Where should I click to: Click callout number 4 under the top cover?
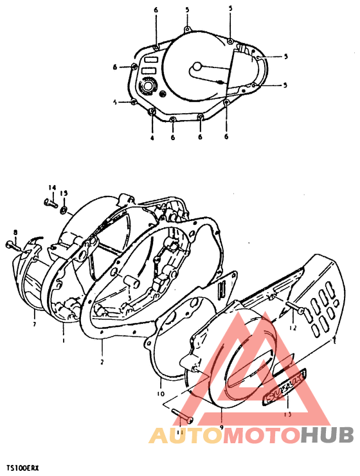tap(152, 137)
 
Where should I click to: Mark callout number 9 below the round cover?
tap(221, 427)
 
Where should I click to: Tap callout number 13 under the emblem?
tap(287, 414)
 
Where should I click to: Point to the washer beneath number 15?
tap(64, 210)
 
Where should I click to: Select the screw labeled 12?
tap(296, 310)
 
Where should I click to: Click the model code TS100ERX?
tap(23, 470)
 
